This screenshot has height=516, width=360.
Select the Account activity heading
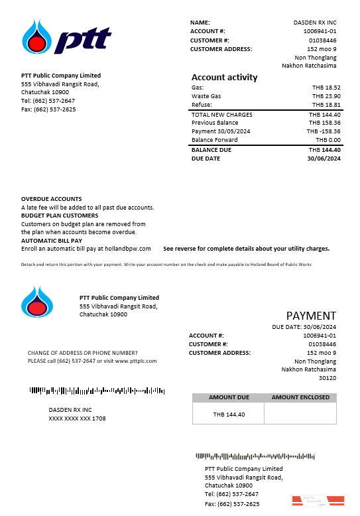point(224,77)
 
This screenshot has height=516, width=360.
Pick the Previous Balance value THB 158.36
point(324,123)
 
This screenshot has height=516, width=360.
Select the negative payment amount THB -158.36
point(323,131)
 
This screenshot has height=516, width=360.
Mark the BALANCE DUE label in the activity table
point(211,150)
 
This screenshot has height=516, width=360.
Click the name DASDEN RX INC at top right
point(315,23)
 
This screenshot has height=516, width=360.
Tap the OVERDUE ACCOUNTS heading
point(52,199)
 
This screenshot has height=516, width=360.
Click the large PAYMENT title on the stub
point(311,316)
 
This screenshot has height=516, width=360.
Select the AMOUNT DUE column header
point(229,397)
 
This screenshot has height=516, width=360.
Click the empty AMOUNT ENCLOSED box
point(300,414)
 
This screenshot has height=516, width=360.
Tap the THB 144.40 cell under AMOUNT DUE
point(229,415)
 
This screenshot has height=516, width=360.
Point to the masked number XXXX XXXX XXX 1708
point(77,419)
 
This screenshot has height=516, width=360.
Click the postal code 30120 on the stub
point(328,378)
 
